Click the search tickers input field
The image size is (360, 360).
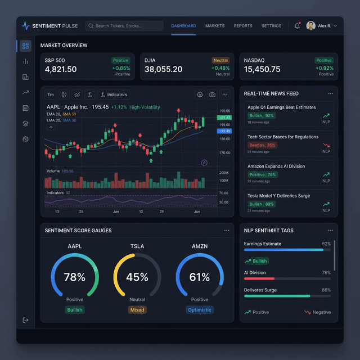pos(124,26)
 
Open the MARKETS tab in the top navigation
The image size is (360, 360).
pos(215,26)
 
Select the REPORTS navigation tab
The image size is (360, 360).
pos(243,26)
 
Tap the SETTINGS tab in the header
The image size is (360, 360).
pos(271,26)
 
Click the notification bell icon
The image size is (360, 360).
pos(297,26)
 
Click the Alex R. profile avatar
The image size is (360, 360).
pos(310,26)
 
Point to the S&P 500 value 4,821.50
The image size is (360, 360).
pos(61,69)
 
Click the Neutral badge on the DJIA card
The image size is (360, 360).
pos(220,60)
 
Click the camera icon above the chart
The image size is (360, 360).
pos(212,94)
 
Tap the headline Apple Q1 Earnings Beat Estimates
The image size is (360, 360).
pos(281,107)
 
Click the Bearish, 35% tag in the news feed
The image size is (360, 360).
pos(262,145)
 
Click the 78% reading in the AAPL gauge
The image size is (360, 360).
pos(74,277)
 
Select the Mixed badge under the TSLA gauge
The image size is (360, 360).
pos(137,310)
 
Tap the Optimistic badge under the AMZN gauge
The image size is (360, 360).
pos(200,310)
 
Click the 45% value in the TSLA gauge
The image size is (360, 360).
pos(137,277)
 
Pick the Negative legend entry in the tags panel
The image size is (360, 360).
pos(317,312)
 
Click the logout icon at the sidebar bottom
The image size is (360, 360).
pos(25,320)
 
